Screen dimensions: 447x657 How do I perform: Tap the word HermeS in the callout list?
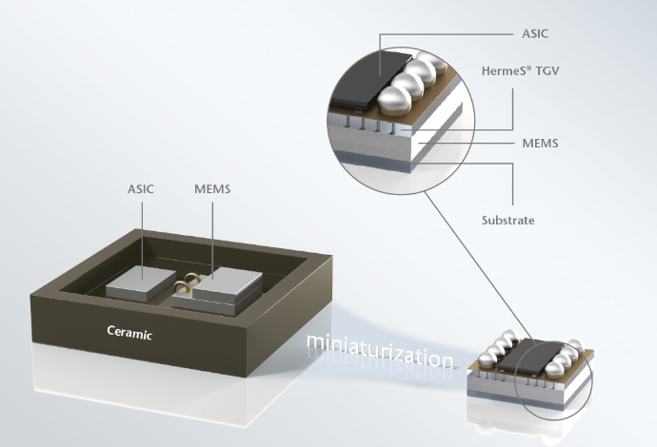click(499, 68)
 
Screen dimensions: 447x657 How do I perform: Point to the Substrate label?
click(508, 220)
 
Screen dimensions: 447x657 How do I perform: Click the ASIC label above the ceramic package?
click(141, 189)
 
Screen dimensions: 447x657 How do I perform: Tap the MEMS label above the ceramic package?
click(211, 189)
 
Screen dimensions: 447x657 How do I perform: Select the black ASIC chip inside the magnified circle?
click(359, 77)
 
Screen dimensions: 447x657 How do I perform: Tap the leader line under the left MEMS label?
click(211, 233)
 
